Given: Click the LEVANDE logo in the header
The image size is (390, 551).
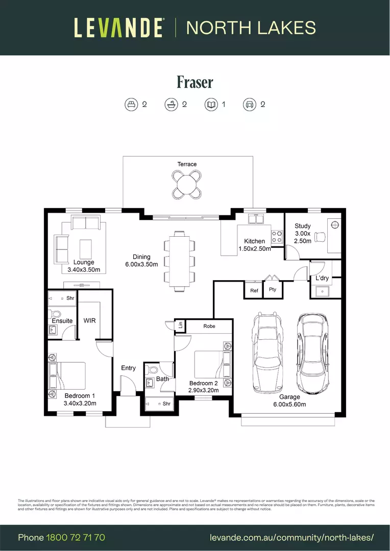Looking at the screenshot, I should [x=119, y=28].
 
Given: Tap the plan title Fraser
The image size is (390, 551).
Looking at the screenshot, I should [x=194, y=82].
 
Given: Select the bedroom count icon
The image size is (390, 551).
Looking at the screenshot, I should [x=131, y=105].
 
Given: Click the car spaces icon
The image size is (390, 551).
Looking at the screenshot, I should [x=249, y=105].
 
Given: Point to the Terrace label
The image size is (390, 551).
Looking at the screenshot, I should [x=187, y=164].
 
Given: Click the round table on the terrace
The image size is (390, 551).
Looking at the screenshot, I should [x=187, y=183].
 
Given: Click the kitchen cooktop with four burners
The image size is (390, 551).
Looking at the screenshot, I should [x=277, y=237].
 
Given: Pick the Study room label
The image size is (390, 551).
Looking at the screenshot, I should [x=302, y=226].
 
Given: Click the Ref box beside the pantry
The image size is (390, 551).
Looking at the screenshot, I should [x=254, y=290].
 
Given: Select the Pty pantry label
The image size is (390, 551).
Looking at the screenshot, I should [x=273, y=290].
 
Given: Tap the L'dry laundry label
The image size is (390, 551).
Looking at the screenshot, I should [x=322, y=278].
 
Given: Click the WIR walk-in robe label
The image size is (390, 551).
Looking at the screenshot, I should [x=90, y=320].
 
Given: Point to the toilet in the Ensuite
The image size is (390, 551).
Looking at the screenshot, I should [x=55, y=314].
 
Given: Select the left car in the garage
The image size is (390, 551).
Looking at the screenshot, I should [x=267, y=353].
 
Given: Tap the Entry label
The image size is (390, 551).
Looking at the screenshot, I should [x=128, y=368].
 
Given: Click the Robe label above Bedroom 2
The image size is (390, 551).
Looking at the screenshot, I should [x=209, y=326].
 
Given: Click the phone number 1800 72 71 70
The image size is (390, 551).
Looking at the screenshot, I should [x=76, y=538].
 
